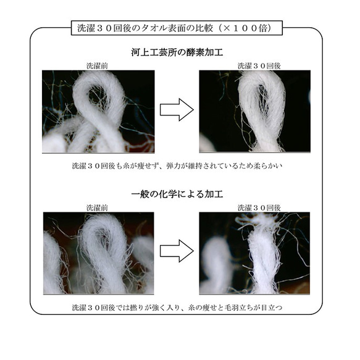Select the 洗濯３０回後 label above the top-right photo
[254, 65]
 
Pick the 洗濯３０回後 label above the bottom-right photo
[254, 207]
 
